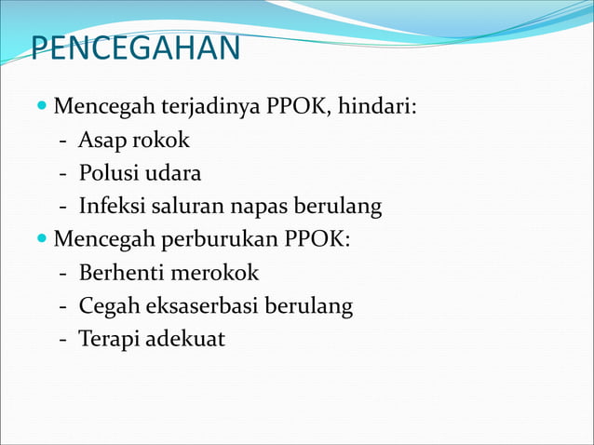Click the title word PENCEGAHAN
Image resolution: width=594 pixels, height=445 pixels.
pyautogui.click(x=136, y=48)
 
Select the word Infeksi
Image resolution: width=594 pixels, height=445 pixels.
pyautogui.click(x=113, y=206)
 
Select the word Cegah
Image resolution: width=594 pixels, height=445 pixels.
pyautogui.click(x=106, y=306)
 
